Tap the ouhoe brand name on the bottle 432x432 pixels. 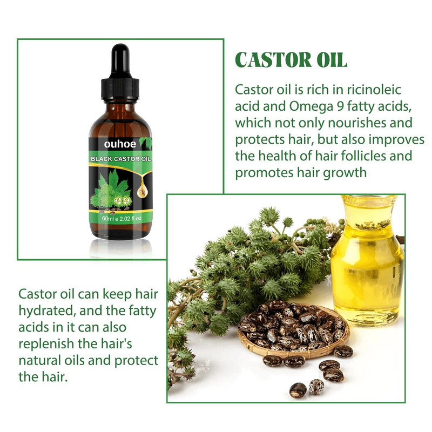point(120,144)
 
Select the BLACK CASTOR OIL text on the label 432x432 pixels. point(120,159)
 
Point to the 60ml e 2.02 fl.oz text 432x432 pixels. point(122,219)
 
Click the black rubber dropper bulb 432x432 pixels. point(120,61)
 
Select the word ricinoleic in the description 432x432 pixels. point(374,90)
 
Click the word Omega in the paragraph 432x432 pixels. point(312,107)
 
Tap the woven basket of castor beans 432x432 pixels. point(293,329)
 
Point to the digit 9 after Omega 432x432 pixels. point(341,106)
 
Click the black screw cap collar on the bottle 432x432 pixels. point(120,88)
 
